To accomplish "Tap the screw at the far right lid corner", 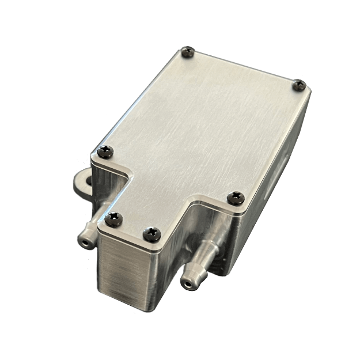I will coord(298,85).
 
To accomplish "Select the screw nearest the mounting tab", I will coord(106,152).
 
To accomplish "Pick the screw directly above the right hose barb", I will coord(235,198).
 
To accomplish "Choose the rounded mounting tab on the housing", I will coord(84,184).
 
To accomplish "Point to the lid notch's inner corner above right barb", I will coord(195,203).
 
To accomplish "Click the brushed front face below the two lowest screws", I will coord(130,271).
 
